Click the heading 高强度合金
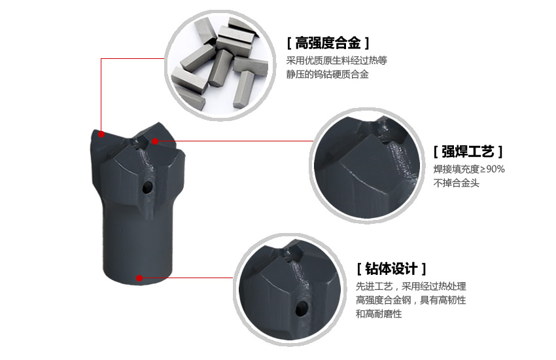[x=328, y=43]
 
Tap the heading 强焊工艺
[x=468, y=151]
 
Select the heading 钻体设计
[x=391, y=268]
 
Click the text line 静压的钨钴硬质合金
[x=328, y=75]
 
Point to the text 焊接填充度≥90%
[x=469, y=169]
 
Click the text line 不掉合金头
[x=457, y=183]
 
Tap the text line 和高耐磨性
[x=379, y=314]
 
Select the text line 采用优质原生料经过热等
[x=337, y=61]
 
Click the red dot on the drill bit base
[x=139, y=278]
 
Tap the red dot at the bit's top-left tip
[x=102, y=134]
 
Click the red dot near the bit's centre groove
[x=155, y=141]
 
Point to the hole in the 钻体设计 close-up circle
[x=302, y=308]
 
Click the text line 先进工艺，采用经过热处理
[x=411, y=286]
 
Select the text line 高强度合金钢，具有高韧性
[x=411, y=300]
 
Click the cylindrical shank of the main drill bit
[x=137, y=245]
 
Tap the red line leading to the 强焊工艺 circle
[x=234, y=141]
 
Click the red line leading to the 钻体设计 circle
[x=186, y=278]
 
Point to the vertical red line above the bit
[x=101, y=96]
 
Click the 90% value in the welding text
[x=496, y=169]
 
